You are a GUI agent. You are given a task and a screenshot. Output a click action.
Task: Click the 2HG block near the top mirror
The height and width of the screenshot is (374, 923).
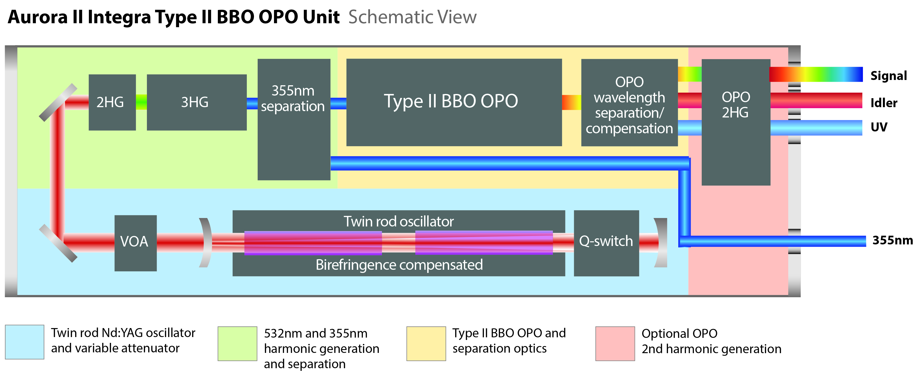[x=112, y=102]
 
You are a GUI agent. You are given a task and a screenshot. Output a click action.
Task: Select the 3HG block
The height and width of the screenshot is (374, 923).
[x=196, y=102]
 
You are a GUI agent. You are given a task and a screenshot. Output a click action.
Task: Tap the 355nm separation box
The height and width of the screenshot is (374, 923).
[x=294, y=119]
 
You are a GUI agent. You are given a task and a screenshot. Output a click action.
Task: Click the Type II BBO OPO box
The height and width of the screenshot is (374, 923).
[x=454, y=102]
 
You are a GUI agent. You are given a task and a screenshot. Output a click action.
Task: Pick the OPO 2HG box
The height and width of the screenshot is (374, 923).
[x=735, y=122]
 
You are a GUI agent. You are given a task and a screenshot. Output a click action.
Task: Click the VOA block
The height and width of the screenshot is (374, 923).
[x=135, y=243]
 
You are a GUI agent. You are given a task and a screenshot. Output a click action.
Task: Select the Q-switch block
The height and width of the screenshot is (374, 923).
[x=606, y=243]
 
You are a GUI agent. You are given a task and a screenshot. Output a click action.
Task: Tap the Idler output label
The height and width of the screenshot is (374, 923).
[x=884, y=103]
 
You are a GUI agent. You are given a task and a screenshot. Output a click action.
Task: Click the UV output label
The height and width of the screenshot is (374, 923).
[x=879, y=127]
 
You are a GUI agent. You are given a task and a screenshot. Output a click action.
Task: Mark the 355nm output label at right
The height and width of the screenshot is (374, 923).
[x=892, y=240]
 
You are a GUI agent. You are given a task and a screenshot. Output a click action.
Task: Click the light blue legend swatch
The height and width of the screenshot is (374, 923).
[x=24, y=342]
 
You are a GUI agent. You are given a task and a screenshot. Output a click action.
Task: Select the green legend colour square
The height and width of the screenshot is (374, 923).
[x=237, y=343]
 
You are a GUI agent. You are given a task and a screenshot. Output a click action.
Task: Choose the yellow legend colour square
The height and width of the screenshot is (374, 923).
[x=426, y=343]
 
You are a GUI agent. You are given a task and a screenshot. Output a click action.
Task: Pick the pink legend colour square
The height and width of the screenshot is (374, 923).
[x=615, y=343]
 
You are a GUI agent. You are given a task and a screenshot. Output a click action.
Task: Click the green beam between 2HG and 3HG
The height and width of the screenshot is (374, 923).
[x=141, y=102]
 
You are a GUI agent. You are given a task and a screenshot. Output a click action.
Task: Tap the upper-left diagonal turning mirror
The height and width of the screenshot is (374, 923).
[x=58, y=103]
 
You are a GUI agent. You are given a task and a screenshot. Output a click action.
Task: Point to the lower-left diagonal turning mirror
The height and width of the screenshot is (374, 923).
[x=58, y=243]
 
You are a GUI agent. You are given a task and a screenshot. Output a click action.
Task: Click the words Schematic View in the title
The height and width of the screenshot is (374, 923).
[x=412, y=17]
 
